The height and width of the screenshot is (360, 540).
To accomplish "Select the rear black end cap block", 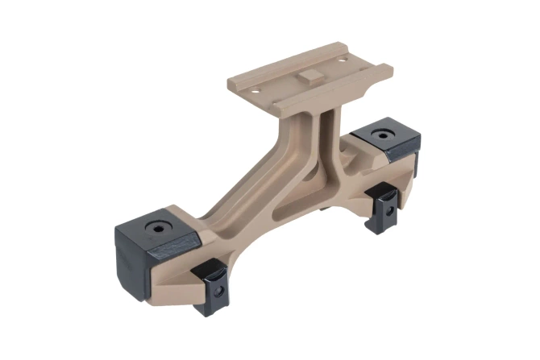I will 386,141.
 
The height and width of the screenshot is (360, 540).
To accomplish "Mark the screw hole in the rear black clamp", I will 388,209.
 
